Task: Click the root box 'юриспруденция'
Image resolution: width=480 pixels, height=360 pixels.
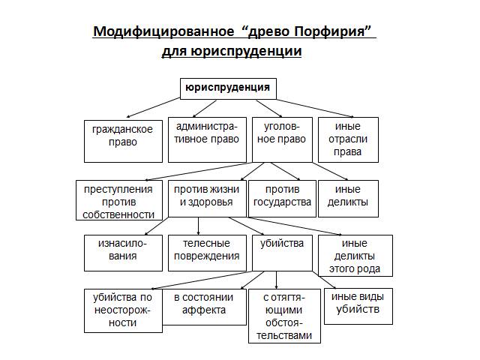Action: point(229,88)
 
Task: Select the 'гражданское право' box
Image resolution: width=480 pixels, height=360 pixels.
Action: point(123,139)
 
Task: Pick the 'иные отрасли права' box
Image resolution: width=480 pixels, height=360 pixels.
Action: point(348,139)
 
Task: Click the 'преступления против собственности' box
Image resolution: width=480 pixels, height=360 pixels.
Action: point(118,199)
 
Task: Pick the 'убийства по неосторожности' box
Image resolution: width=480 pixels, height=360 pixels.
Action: point(123,310)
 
